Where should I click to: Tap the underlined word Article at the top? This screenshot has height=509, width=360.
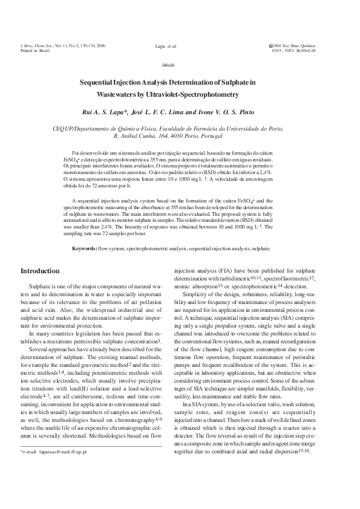coord(169,63)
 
